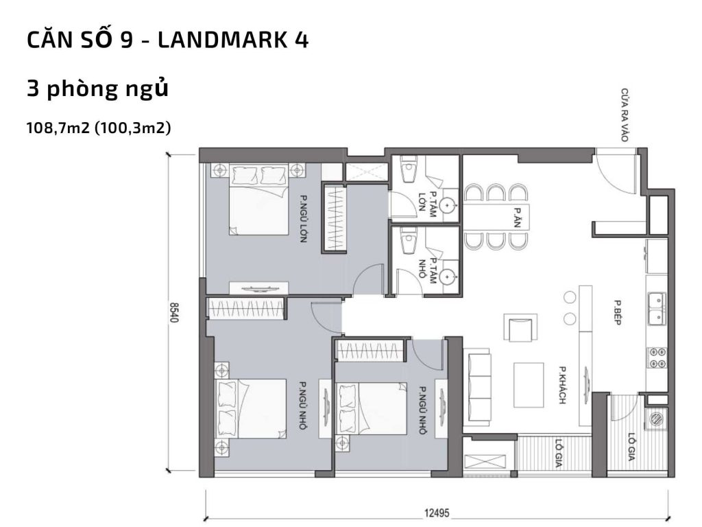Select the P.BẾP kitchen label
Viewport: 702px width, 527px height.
click(x=617, y=312)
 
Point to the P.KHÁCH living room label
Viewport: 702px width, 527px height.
click(x=561, y=384)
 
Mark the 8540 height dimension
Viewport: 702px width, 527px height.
click(x=174, y=312)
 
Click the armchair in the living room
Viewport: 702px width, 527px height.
click(x=518, y=327)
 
